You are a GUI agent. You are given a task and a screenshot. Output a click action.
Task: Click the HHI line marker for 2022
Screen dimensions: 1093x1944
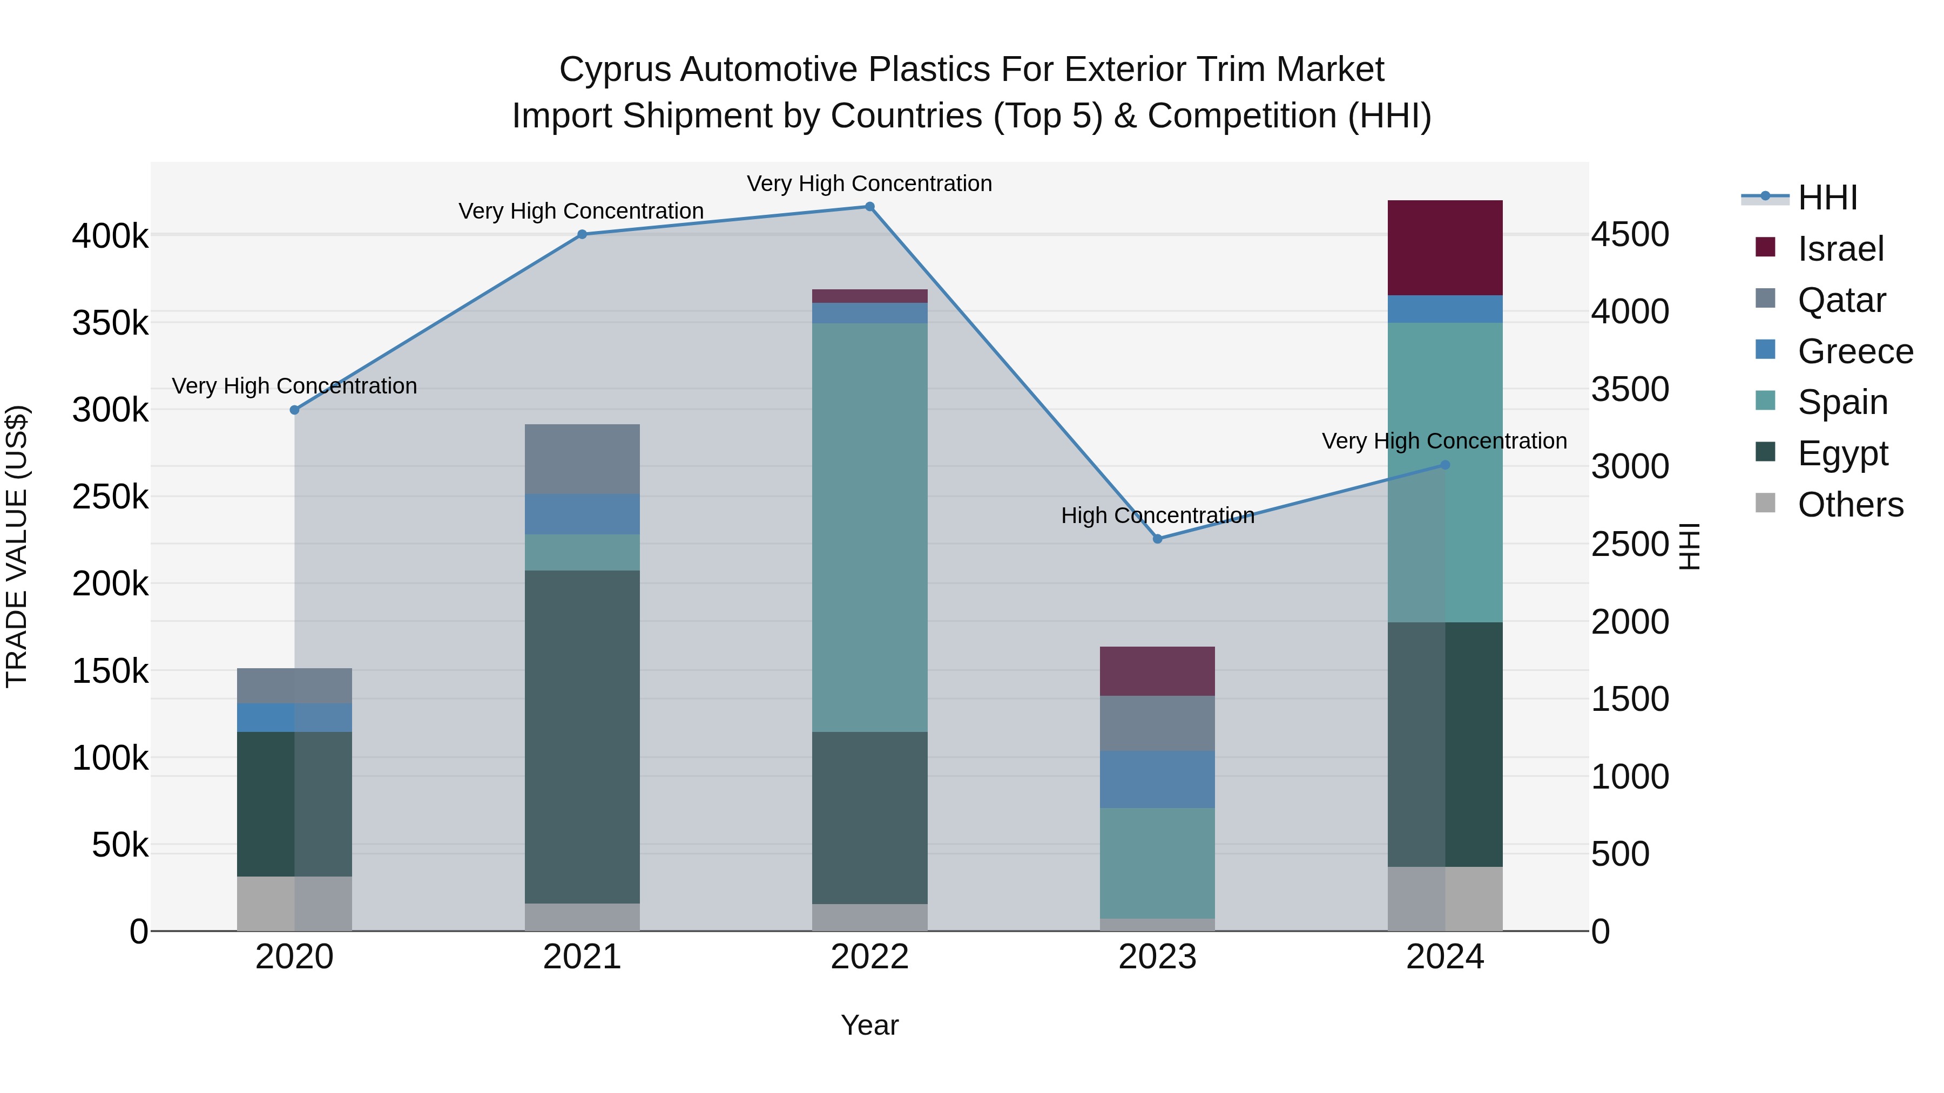click(869, 207)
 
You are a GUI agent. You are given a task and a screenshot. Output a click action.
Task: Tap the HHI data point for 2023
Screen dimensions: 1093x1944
click(1158, 539)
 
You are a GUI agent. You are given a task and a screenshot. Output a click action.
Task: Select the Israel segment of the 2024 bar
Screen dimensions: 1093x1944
click(1445, 247)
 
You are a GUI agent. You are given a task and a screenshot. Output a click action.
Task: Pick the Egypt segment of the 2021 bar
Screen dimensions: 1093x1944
click(582, 736)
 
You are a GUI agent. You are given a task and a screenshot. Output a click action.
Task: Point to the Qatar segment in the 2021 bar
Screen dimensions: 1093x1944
click(582, 459)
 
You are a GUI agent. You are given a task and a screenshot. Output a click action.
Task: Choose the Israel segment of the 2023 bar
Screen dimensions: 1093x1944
click(1158, 670)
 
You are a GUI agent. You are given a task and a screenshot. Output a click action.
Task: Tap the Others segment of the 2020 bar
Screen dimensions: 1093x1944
click(294, 903)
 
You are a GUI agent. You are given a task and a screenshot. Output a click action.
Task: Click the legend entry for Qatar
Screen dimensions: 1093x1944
click(1841, 300)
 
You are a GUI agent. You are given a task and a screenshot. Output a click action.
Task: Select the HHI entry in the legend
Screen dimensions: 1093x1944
click(1826, 198)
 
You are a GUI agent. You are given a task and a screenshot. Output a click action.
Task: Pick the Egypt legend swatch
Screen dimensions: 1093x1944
click(1765, 453)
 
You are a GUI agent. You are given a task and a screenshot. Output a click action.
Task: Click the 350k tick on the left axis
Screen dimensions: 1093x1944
click(110, 323)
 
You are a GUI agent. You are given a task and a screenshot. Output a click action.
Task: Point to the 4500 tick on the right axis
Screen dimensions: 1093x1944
click(1630, 235)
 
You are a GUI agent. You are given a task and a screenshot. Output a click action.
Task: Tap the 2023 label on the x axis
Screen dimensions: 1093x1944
click(1158, 957)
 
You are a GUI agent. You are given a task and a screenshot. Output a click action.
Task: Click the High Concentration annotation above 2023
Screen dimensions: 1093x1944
click(1158, 516)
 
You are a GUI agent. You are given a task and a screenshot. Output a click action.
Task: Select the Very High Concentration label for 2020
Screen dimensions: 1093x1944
click(294, 386)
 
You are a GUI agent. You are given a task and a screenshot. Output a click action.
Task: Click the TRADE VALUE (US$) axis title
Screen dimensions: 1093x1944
click(17, 546)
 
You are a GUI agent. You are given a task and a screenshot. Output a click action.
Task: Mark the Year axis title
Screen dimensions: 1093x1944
click(869, 1025)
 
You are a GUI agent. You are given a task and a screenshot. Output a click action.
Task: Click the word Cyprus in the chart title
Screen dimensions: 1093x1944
click(615, 70)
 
